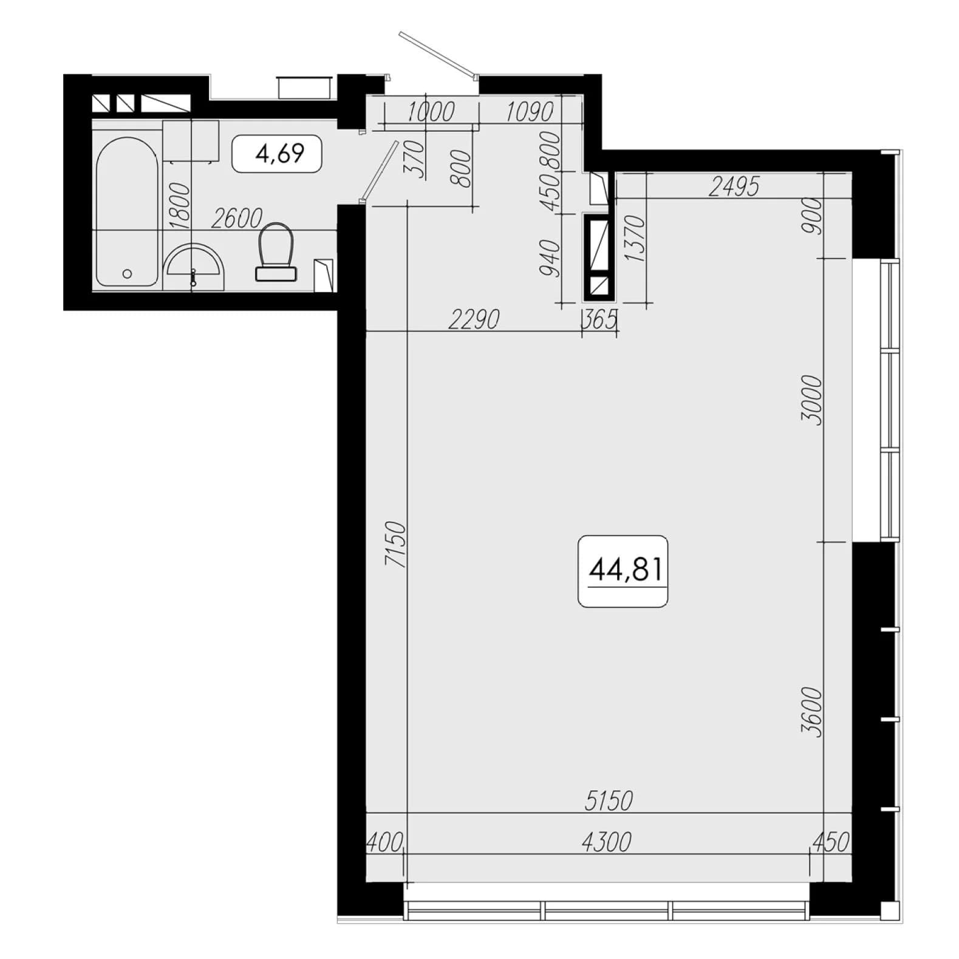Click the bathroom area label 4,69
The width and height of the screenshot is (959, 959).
[x=280, y=154]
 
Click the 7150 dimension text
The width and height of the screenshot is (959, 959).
[x=395, y=544]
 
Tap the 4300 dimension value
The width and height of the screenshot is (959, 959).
[x=607, y=842]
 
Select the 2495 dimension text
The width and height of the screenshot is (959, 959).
[x=734, y=188]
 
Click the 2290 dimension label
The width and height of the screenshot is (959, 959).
[x=474, y=319]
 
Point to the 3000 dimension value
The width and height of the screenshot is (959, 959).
[x=811, y=400]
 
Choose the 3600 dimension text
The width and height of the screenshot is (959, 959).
[x=811, y=712]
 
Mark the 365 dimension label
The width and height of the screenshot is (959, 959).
[x=600, y=319]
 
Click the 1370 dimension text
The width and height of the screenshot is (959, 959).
[x=633, y=239]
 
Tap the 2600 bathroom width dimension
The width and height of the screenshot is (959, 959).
[x=237, y=219]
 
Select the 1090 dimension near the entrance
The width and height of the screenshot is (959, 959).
[x=530, y=112]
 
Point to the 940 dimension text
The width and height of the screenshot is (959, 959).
[x=550, y=258]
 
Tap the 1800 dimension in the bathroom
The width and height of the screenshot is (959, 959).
[x=180, y=206]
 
